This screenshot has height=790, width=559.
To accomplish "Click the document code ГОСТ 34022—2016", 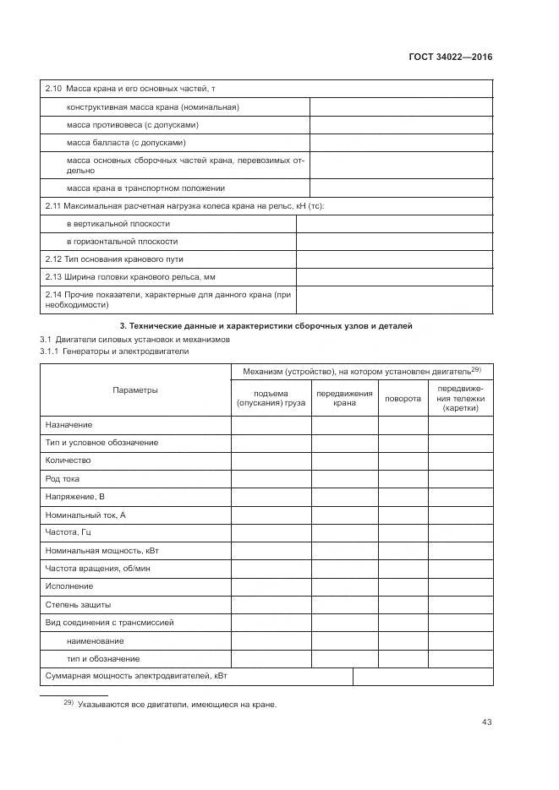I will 450,57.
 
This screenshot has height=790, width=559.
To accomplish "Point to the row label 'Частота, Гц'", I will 68,532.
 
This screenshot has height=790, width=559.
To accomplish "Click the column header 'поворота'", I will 403,399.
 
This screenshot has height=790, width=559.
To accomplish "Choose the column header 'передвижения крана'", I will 344,399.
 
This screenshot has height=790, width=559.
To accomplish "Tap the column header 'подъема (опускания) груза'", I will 271,399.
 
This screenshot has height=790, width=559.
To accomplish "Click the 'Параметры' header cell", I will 135,390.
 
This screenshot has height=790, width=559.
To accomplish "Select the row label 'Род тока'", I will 62,479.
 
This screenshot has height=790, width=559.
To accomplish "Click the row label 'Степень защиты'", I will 78,605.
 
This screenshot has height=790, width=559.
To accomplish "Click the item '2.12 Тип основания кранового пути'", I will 113,259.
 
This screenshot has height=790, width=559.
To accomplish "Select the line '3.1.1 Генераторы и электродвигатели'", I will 114,351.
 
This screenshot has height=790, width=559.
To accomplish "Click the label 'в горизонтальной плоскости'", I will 122,242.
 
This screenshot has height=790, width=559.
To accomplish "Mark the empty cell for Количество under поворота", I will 403,460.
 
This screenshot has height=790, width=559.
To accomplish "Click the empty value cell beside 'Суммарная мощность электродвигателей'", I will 422,677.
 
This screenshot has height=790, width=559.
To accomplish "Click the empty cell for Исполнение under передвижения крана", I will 344,586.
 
